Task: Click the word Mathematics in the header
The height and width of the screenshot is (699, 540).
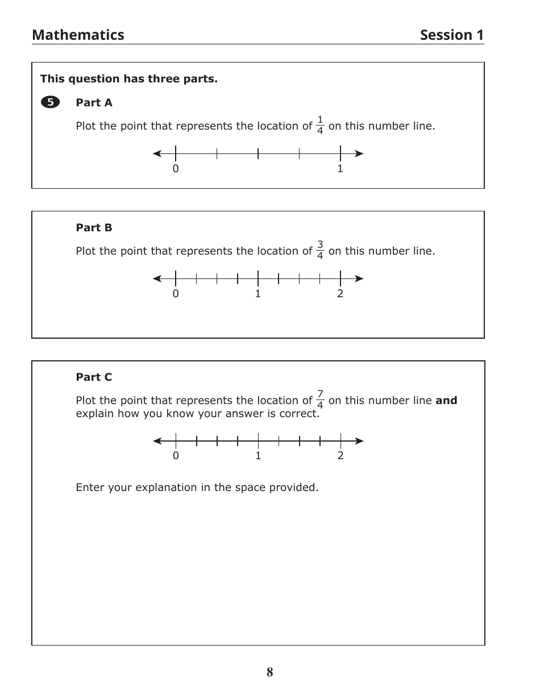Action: coord(78,35)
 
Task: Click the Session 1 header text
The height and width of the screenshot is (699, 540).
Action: coord(452,35)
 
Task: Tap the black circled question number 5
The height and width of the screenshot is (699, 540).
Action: coord(50,102)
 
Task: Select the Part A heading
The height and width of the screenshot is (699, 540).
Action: coord(94,103)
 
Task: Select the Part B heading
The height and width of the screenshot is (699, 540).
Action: coord(94,228)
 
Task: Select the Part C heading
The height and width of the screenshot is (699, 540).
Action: coord(94,377)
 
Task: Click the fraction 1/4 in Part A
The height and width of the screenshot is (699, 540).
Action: coord(320,126)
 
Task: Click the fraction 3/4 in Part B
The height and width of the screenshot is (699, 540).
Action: coord(320,251)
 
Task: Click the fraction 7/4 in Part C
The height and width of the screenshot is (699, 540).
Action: coord(320,400)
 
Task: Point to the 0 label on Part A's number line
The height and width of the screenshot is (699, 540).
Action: coord(176,169)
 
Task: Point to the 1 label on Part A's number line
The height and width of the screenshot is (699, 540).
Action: coord(340,169)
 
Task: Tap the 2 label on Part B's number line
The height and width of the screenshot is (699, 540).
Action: coord(340,294)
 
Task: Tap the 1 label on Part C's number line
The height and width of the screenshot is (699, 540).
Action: coord(258,456)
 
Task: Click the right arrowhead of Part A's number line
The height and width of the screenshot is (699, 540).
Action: coord(359,153)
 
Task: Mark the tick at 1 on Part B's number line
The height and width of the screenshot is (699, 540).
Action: coord(258,278)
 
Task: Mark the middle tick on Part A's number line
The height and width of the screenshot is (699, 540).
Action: coord(258,153)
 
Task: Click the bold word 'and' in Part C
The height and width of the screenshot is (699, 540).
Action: coord(446,401)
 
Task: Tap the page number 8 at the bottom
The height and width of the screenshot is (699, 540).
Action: coord(269,672)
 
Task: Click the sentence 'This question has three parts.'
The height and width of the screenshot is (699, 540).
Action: coord(129,79)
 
